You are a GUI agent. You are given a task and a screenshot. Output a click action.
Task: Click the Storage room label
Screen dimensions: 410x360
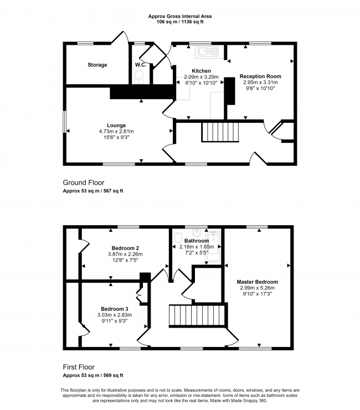[x=97, y=65]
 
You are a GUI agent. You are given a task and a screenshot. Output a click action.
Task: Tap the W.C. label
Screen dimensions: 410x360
[x=140, y=65]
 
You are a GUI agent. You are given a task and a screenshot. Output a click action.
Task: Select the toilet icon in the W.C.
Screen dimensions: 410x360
[x=140, y=77]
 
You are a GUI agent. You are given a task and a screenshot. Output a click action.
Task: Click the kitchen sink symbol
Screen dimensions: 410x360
[x=208, y=52]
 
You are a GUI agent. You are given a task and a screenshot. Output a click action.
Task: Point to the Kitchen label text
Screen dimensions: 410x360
[x=201, y=71]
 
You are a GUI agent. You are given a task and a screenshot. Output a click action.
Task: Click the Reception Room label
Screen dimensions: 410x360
[x=260, y=76]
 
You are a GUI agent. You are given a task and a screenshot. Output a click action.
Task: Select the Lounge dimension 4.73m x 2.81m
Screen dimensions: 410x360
[x=116, y=131]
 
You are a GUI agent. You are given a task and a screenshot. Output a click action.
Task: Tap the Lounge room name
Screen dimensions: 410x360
[x=116, y=125]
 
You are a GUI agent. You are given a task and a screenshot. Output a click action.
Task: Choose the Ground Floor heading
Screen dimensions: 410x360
[x=83, y=183]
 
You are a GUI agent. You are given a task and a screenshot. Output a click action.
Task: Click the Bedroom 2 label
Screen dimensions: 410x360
[x=125, y=248]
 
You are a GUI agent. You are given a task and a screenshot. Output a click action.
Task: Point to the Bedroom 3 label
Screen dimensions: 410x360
[x=114, y=309]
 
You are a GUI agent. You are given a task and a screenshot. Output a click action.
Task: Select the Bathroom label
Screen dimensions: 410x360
[x=197, y=241]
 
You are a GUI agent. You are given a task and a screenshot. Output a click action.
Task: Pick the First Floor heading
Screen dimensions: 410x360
[x=78, y=367]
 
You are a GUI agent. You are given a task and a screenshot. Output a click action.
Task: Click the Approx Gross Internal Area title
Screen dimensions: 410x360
[x=180, y=17]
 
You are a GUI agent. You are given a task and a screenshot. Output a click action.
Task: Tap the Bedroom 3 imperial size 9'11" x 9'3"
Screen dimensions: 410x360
[x=114, y=321]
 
